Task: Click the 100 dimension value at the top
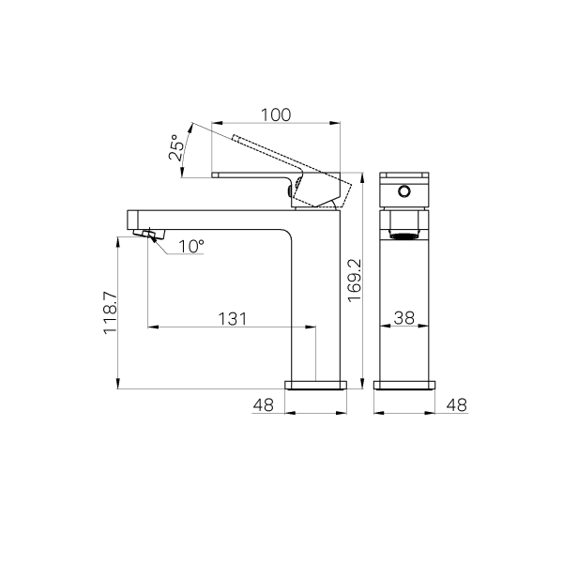click(275, 114)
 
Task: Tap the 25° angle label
click(175, 148)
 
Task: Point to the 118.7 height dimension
click(110, 312)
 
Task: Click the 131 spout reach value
click(232, 318)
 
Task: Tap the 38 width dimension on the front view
click(404, 318)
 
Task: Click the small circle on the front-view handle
click(404, 191)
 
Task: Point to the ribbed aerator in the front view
click(404, 232)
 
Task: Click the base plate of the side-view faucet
click(316, 384)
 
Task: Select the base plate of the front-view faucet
click(404, 384)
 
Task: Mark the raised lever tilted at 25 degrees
click(267, 152)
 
